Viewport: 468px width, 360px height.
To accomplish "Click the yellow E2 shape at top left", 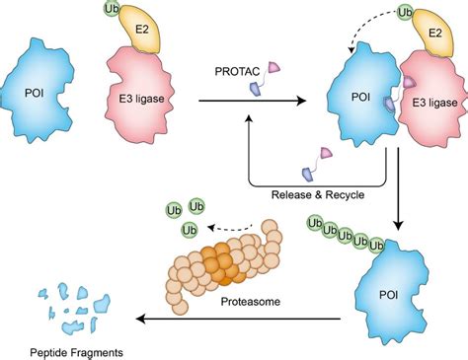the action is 139,36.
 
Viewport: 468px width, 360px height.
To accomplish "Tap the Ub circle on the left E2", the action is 111,12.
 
